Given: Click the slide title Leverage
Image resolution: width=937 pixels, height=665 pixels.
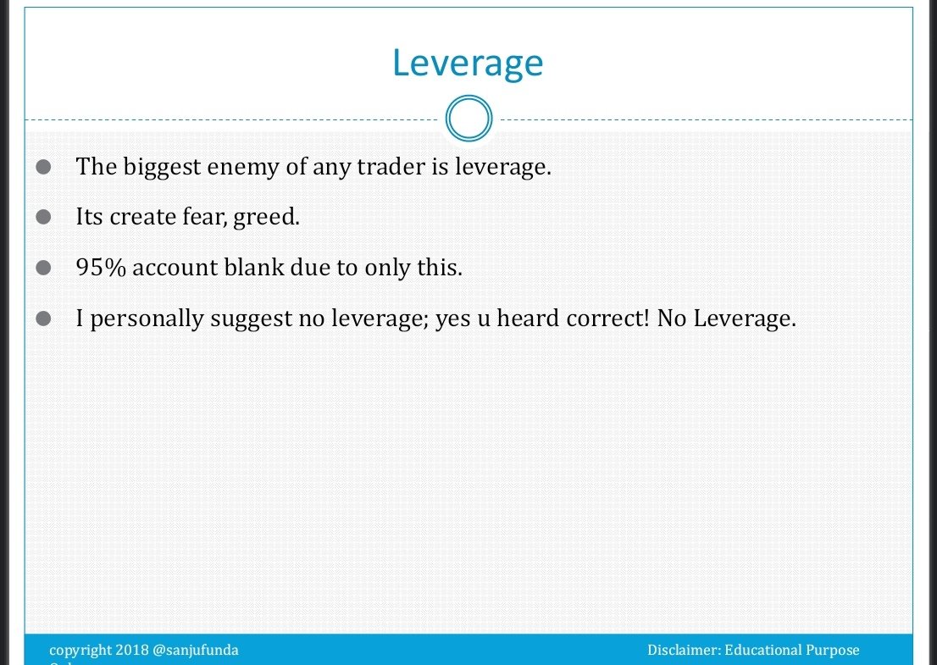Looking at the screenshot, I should click(468, 64).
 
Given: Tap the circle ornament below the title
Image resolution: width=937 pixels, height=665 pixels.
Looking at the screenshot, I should click(468, 119).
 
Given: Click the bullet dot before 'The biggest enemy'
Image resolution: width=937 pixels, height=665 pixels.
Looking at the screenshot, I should click(45, 167).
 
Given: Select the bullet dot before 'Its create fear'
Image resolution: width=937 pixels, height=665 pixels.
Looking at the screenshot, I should click(45, 218).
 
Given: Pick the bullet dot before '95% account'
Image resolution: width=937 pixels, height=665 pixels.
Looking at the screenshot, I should click(45, 269).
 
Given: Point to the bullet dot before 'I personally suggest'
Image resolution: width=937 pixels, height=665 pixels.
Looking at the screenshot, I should click(45, 319).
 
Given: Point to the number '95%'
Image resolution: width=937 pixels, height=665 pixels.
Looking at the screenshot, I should click(101, 268).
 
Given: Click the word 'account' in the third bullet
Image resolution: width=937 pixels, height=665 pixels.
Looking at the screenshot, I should click(175, 268).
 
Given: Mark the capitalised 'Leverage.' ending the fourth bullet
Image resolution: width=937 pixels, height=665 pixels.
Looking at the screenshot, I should click(745, 319).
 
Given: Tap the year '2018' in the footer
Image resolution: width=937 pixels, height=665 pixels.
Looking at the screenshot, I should click(131, 651).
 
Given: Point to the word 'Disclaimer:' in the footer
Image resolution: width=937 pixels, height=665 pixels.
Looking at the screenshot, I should click(684, 651).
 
